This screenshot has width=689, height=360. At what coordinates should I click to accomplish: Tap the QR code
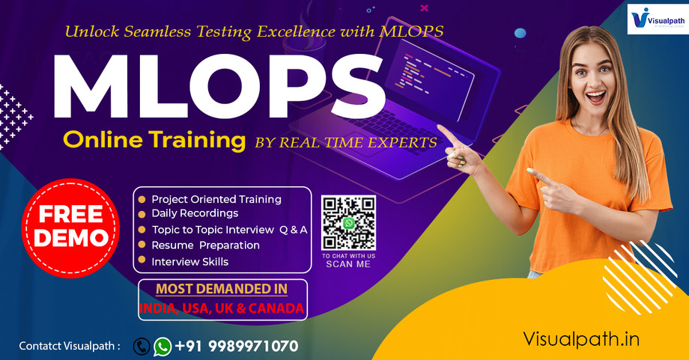tap(348, 223)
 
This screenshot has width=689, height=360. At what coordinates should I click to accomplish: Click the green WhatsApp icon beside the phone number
tap(163, 346)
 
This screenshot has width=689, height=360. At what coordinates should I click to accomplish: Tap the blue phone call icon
tap(142, 346)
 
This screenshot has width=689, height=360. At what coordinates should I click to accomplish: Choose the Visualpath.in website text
tap(581, 338)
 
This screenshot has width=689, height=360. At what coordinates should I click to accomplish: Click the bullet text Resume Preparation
tap(205, 245)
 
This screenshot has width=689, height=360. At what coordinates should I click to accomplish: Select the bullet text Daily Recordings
tap(195, 213)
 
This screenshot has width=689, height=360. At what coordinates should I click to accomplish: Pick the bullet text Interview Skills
tap(189, 262)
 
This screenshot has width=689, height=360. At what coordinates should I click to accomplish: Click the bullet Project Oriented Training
tap(216, 199)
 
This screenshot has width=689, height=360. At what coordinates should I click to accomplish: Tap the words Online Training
tap(154, 140)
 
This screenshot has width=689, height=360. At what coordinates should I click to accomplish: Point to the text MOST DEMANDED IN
tap(221, 289)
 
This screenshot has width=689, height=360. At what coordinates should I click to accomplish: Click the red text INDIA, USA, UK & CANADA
tap(222, 308)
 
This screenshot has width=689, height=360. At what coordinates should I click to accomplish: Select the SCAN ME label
tap(347, 264)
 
